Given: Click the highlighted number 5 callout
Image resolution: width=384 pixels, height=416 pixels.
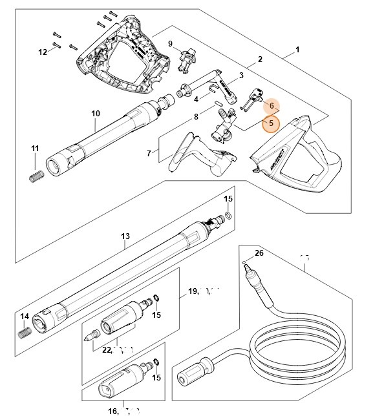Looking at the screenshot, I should tap(271, 123).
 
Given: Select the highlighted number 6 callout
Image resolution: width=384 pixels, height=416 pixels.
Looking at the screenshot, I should tap(272, 105).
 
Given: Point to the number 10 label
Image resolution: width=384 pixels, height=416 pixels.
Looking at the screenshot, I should tap(96, 114).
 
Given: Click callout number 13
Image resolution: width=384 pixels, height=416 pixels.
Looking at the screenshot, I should tap(125, 236).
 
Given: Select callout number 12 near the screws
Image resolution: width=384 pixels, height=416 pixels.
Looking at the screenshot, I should tap(43, 52).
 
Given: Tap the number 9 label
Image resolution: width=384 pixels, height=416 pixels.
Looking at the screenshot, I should tap(170, 43).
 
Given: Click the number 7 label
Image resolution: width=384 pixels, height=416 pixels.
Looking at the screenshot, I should tap(149, 153).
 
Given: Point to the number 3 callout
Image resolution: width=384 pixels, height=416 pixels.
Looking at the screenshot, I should tap(240, 76).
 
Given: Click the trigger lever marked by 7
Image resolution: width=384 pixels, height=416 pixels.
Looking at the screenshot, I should tap(194, 152).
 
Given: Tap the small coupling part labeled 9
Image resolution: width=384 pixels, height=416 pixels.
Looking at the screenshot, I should tap(186, 61).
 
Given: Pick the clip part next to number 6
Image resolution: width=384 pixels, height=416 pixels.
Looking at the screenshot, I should tap(251, 98).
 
